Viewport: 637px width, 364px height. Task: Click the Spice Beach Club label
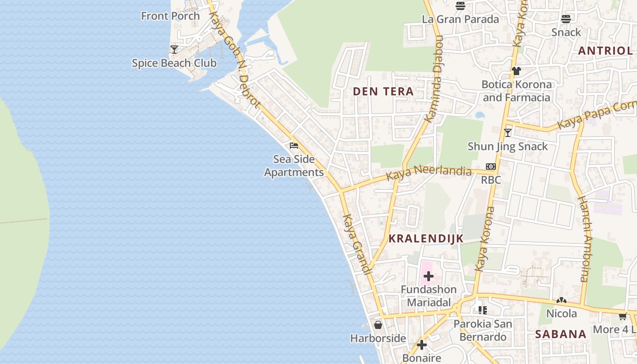(174, 63)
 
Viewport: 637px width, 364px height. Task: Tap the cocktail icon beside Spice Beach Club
(174, 49)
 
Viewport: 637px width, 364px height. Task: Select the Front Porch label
(170, 16)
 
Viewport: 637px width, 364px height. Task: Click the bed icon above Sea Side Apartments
(294, 146)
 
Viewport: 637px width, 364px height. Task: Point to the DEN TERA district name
(383, 91)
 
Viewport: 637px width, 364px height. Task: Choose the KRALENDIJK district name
(426, 238)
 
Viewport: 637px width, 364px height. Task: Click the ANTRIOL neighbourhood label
(605, 51)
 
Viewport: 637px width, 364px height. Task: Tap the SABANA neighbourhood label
(561, 334)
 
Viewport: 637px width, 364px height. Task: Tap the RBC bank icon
(490, 167)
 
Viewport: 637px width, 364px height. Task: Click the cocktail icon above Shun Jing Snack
(508, 133)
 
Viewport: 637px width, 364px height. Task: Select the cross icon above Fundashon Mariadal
(428, 276)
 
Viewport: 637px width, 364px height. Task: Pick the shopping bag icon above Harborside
(378, 325)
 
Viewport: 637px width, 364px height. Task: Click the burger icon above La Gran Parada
(460, 6)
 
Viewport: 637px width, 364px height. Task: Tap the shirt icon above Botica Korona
(516, 71)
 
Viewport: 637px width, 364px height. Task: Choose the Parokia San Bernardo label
(483, 330)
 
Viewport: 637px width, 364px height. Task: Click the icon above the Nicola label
(561, 301)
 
